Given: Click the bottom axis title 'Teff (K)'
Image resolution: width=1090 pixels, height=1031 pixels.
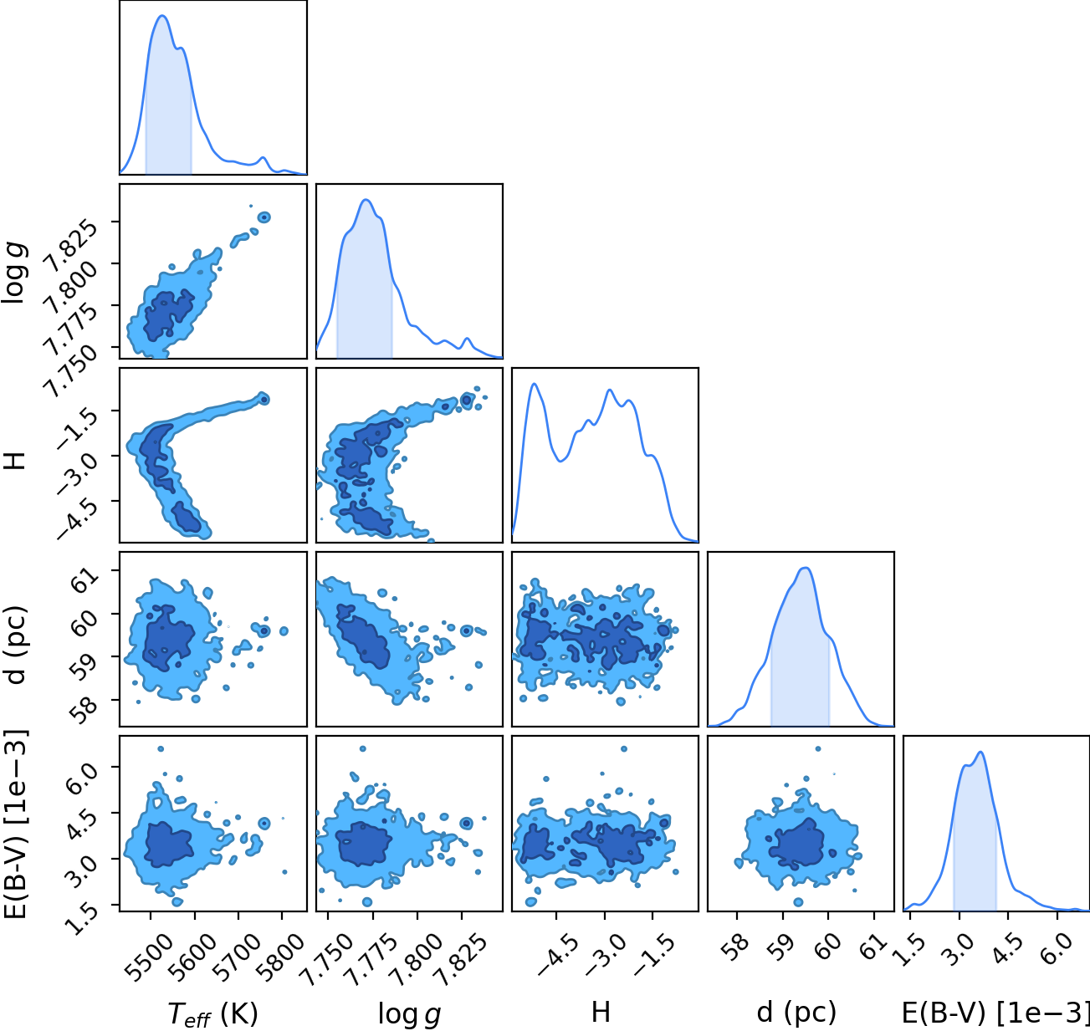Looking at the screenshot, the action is click(213, 1013).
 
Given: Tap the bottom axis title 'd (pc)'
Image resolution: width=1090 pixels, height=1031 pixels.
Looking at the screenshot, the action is click(796, 1013).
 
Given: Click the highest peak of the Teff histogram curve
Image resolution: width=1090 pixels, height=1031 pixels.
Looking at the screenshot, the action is click(162, 16).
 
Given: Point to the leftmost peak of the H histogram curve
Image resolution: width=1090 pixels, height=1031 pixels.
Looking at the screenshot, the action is click(534, 384).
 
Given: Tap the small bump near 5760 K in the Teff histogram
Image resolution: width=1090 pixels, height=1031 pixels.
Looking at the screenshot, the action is click(264, 158).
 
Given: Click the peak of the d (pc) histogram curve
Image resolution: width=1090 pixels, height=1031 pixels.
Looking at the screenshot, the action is click(806, 568).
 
